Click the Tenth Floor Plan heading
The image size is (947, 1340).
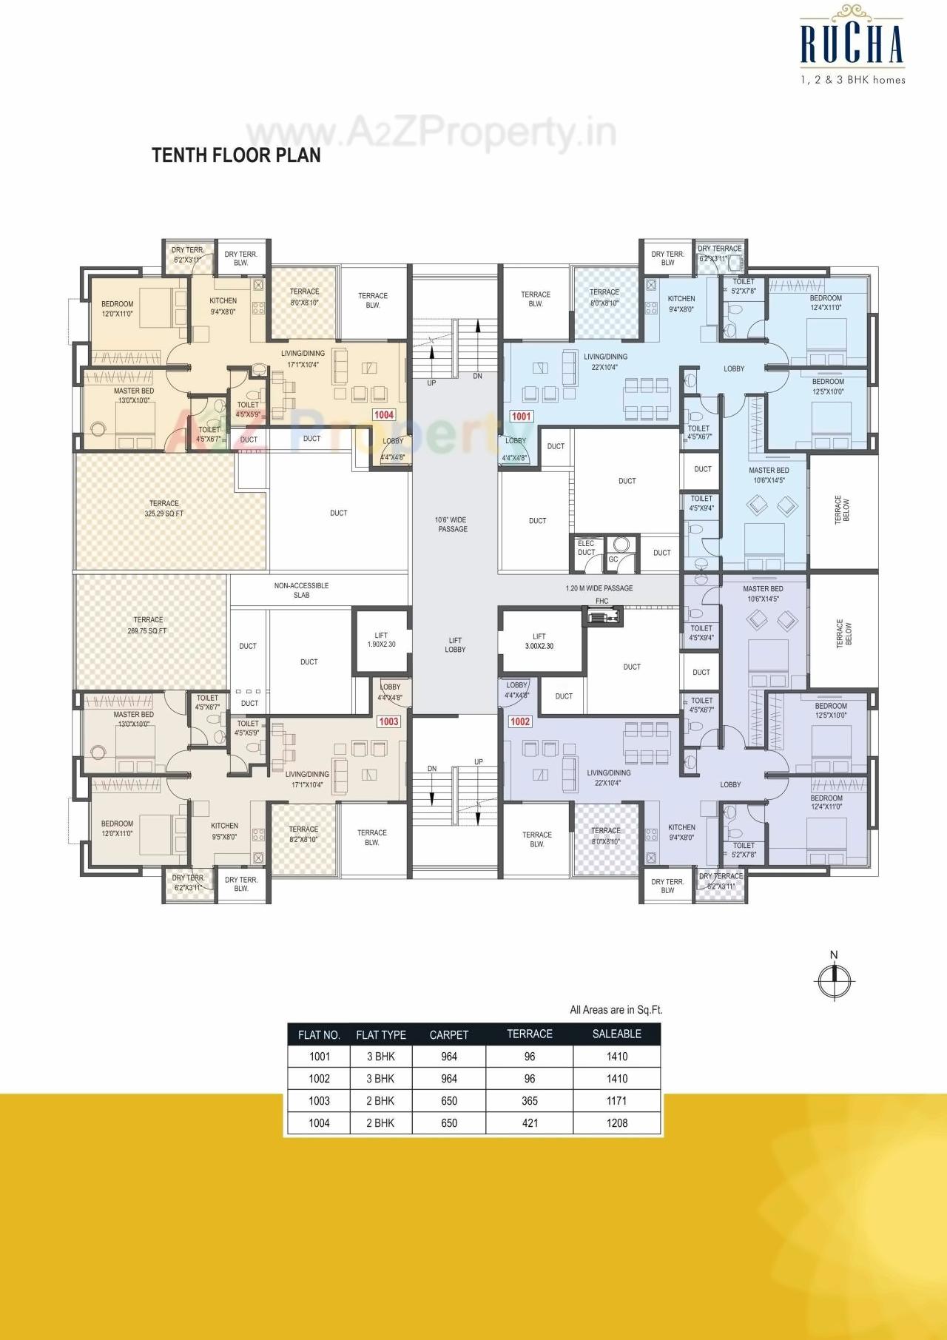236,155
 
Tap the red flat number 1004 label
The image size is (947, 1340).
383,415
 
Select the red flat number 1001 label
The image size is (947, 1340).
521,417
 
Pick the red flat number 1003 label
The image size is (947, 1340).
388,721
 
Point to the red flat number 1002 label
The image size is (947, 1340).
520,721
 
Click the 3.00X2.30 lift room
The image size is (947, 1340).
539,641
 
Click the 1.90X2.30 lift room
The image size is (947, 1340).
381,640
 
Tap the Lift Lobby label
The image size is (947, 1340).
455,645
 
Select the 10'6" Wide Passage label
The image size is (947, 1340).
452,524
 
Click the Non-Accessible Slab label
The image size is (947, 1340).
301,590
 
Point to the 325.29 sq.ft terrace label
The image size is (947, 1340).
164,508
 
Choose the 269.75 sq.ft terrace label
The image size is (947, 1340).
148,625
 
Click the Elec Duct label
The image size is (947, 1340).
586,548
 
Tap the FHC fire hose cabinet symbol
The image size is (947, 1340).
602,614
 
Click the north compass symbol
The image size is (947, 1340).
834,980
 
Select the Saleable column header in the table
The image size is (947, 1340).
616,1034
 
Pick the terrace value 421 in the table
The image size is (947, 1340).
530,1122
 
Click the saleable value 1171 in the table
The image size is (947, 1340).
616,1100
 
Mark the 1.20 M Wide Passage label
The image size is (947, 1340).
599,588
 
